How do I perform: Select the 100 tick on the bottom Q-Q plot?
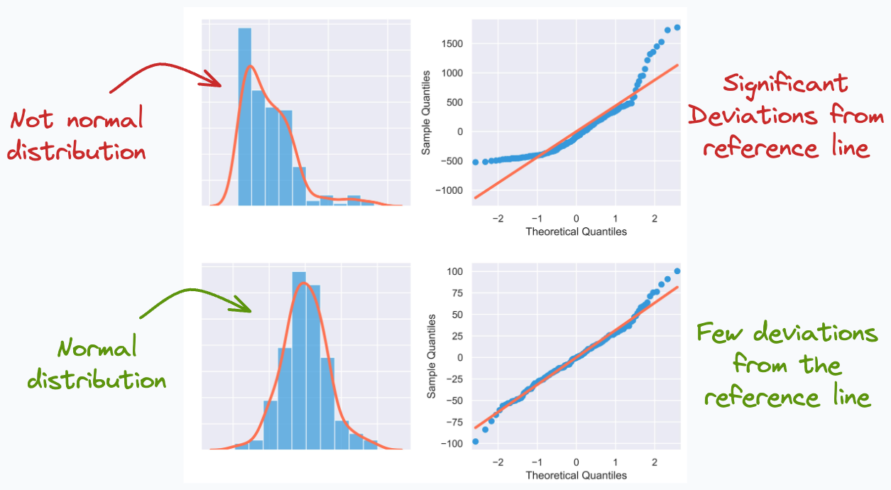tap(454, 271)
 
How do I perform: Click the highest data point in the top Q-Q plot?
tap(677, 28)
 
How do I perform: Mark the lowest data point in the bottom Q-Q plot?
tap(475, 441)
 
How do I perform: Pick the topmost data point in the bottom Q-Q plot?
tap(677, 271)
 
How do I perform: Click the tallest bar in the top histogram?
tap(245, 117)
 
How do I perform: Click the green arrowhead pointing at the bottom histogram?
tap(244, 307)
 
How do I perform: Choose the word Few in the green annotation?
tap(721, 332)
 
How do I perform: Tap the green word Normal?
tap(97, 348)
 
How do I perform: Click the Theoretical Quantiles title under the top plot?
tap(576, 232)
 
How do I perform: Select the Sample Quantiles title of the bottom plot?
tap(431, 357)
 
